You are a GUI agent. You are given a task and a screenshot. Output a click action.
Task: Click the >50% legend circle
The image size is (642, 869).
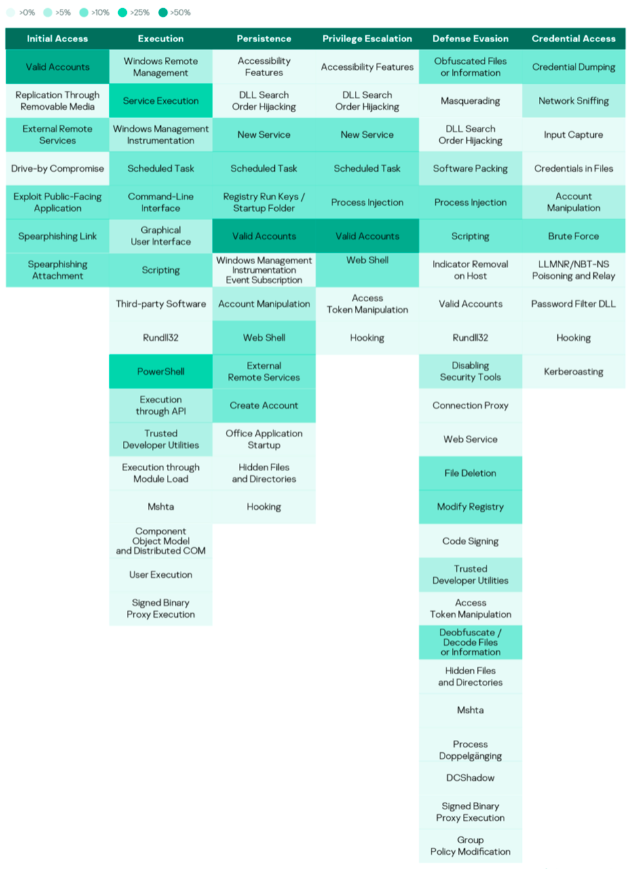[x=163, y=12]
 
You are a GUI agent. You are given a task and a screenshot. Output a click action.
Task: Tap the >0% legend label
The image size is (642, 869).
[x=27, y=12]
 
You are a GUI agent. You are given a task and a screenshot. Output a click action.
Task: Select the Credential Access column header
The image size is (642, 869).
[x=573, y=39]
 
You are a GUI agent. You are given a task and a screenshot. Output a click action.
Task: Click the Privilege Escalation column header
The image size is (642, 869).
[x=367, y=39]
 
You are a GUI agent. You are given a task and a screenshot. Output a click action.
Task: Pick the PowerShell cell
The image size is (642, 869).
[x=161, y=371]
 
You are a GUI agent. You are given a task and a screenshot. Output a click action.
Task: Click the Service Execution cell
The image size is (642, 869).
[x=161, y=100]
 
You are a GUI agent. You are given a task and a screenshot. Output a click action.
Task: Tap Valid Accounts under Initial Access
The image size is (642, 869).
[x=58, y=67]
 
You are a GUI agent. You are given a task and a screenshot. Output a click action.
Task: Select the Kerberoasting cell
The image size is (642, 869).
[x=573, y=371]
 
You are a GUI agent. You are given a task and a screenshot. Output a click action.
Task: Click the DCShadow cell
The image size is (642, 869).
[x=470, y=777]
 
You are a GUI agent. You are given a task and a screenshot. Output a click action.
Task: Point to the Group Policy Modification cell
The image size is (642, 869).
[x=470, y=845]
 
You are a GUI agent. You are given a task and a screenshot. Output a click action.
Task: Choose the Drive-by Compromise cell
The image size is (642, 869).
[x=58, y=168]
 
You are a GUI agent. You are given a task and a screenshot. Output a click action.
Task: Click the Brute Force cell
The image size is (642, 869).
[x=573, y=236]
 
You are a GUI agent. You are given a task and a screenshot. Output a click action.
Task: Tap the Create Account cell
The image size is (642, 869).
[x=263, y=405]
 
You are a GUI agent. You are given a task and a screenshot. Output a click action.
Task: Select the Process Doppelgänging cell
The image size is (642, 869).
[x=470, y=749]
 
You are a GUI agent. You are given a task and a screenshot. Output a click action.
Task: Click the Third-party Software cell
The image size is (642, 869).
[x=161, y=303]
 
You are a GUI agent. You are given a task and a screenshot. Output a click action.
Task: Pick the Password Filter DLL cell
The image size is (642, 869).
[x=573, y=303]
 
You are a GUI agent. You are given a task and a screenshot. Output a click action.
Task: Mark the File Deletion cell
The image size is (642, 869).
[x=470, y=473]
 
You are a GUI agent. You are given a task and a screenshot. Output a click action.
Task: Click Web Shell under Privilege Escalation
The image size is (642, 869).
[x=367, y=270]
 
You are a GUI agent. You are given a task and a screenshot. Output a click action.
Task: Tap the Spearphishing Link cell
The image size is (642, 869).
[x=58, y=236]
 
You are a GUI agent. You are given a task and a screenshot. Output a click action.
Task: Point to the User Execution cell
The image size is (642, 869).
[x=161, y=574]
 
